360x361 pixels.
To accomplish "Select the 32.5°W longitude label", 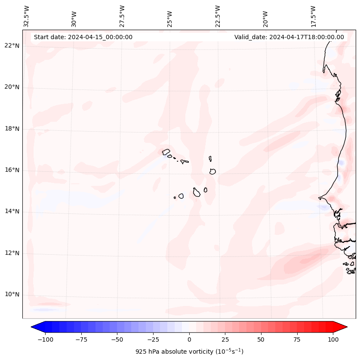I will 27,16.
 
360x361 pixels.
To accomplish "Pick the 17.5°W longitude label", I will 313,16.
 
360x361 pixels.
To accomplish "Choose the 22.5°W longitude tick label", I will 218,16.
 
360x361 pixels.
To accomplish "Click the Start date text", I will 83,37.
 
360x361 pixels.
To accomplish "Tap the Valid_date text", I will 289,37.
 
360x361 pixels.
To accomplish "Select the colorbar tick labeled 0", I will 189,339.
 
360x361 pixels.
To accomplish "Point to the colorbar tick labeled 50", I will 261,339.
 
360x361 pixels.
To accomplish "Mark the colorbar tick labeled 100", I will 333,339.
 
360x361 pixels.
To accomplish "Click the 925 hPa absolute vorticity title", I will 189,352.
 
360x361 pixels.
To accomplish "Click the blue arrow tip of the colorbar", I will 35,327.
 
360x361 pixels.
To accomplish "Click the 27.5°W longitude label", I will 122,16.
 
